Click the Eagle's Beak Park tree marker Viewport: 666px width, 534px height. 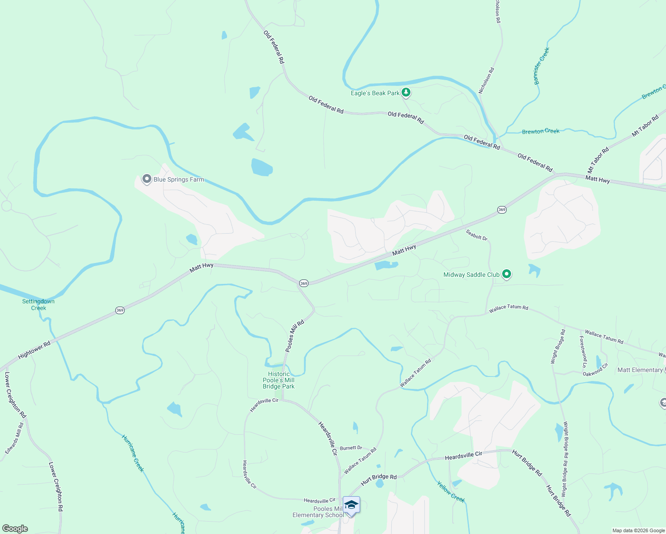tap(406, 93)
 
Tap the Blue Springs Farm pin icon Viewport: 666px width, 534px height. tap(146, 179)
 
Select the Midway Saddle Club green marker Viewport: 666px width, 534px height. tap(506, 274)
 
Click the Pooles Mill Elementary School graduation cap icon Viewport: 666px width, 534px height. tap(351, 506)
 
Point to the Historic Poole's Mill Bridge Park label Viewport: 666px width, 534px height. tap(279, 380)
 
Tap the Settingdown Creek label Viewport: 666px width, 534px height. tap(38, 305)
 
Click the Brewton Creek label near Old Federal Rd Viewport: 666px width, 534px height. tap(540, 131)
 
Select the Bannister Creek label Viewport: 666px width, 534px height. tap(542, 66)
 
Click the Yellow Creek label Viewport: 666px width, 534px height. tap(451, 492)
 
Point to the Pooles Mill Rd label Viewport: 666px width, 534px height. tap(294, 336)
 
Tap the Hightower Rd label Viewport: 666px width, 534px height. tap(34, 350)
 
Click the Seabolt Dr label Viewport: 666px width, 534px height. tap(476, 235)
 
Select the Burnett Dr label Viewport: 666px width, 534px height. tap(351, 448)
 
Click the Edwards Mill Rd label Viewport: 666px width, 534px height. tap(14, 438)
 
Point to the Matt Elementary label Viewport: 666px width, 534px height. tap(640, 370)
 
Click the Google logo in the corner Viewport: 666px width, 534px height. tap(15, 529)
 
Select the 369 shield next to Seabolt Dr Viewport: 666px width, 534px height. tap(502, 210)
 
